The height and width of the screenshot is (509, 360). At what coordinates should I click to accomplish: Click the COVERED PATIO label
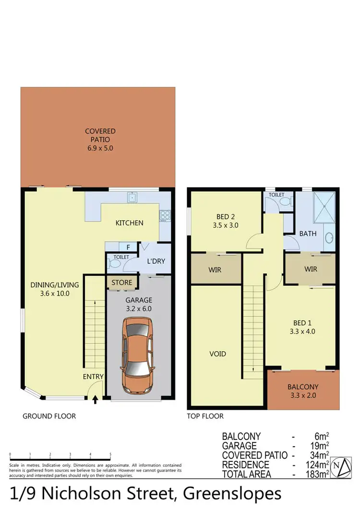100,140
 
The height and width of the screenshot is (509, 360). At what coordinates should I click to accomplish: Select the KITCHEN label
129,223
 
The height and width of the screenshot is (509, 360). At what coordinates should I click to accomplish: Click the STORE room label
122,283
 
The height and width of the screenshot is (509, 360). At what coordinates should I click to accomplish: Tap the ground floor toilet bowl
114,264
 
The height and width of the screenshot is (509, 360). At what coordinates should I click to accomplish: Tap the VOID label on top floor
217,354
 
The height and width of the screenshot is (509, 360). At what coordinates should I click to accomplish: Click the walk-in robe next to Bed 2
215,270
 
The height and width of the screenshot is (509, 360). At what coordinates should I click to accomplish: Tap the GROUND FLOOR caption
49,416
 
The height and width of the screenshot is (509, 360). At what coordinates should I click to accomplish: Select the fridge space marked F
128,248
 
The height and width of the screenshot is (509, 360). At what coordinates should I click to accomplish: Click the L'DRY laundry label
156,262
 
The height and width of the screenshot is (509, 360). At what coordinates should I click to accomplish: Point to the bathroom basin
329,238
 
